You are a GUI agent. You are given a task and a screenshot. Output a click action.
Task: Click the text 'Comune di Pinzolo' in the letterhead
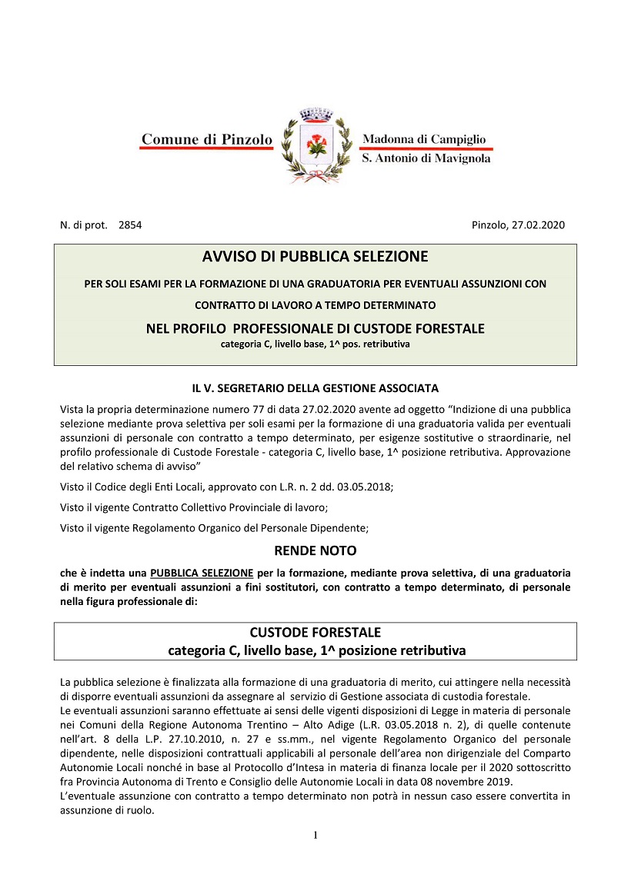(x=207, y=140)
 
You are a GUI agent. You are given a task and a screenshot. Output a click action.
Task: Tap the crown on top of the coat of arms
(x=313, y=115)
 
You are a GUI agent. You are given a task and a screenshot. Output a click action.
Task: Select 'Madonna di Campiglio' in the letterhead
(x=424, y=139)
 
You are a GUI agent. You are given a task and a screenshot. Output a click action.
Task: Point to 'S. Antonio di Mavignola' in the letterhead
(x=426, y=158)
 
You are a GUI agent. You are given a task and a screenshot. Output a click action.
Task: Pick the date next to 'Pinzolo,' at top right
(x=539, y=225)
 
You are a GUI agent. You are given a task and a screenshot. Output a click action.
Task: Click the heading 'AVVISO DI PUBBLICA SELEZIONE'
(x=315, y=256)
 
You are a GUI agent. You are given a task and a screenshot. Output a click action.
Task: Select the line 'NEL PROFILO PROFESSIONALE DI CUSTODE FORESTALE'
(x=315, y=329)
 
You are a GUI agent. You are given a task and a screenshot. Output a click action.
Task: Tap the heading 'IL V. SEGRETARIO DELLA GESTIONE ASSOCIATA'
(x=315, y=387)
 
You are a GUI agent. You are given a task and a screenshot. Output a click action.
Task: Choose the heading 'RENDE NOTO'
(x=315, y=551)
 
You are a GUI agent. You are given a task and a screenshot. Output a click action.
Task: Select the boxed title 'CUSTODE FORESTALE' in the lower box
(x=315, y=633)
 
